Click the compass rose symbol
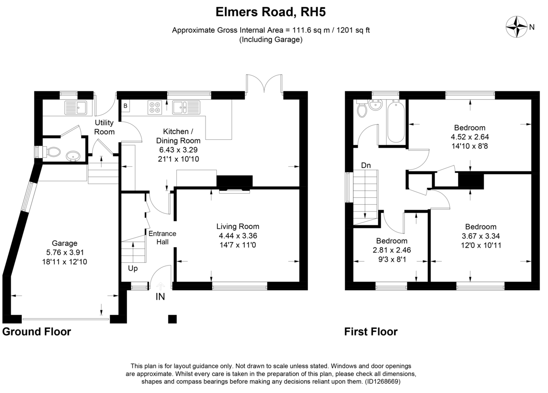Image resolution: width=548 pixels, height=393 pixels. point(516,27)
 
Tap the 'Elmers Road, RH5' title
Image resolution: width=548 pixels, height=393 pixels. point(270,12)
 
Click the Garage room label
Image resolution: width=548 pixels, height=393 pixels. point(64,243)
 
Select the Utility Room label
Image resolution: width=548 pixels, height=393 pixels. point(104,127)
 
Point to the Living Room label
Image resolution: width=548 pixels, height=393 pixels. point(238,226)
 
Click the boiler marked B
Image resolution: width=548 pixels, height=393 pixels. point(126,106)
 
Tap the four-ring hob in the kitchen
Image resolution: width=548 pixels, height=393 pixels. point(155,107)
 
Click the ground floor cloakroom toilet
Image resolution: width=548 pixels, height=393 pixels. point(52,152)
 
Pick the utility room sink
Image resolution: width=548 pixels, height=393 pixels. point(76,108)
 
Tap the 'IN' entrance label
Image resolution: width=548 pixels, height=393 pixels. point(160,297)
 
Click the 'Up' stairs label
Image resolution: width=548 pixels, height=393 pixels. point(133,269)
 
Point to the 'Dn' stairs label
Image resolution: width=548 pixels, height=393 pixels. point(366,165)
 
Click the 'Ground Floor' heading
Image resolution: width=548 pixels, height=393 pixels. point(37,332)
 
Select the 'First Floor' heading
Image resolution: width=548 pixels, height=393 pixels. point(371,332)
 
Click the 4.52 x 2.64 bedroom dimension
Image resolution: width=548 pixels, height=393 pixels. point(470,137)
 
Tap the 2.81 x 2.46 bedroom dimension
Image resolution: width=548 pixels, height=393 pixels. point(392,250)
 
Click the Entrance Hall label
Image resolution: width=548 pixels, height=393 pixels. point(163,238)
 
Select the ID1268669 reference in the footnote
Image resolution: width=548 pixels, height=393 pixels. point(382,382)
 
